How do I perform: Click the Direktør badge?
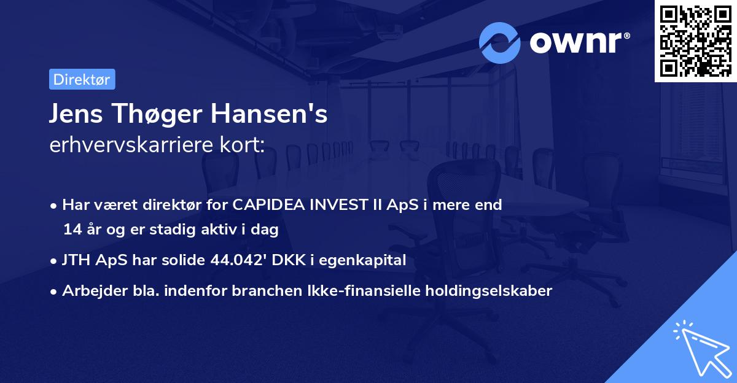(x=82, y=79)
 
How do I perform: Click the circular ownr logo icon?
(x=501, y=43)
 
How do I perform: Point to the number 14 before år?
(x=71, y=230)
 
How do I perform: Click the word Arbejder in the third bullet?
(x=89, y=290)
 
